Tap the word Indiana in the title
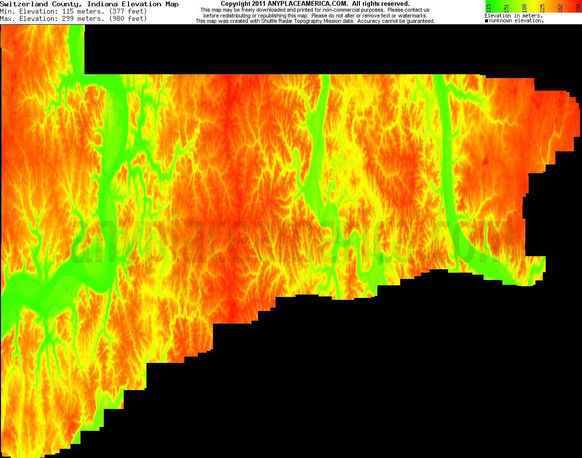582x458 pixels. (x=101, y=4)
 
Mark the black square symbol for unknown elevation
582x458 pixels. (x=486, y=21)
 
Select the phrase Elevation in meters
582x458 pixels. (x=513, y=16)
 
